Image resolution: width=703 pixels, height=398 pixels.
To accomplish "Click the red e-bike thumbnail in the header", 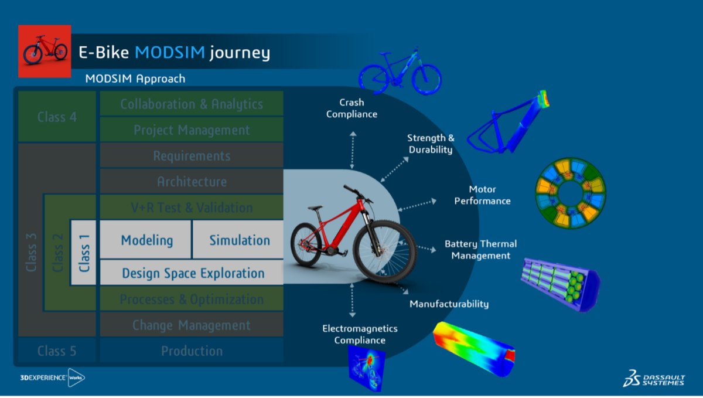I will [45, 52].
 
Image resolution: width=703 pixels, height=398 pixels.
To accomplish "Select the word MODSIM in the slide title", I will [170, 53].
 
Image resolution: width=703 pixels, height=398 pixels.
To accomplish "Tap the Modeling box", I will [146, 240].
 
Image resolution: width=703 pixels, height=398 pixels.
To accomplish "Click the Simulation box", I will [240, 240].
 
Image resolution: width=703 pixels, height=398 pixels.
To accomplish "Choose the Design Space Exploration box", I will [193, 273].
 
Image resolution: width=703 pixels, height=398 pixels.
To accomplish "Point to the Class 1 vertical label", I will [84, 253].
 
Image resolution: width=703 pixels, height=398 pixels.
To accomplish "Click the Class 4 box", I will [57, 117].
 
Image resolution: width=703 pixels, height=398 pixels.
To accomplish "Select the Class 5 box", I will [57, 351].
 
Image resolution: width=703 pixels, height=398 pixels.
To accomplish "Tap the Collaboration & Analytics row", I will [192, 104].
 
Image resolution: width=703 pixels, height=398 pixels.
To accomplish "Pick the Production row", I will [192, 351].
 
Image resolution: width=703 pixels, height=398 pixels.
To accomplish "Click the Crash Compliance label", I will [351, 108].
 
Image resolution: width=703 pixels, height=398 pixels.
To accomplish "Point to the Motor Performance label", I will [482, 195].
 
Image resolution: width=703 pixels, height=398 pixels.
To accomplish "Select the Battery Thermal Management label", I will [480, 250].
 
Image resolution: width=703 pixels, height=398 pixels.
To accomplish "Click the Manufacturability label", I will [449, 304].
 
